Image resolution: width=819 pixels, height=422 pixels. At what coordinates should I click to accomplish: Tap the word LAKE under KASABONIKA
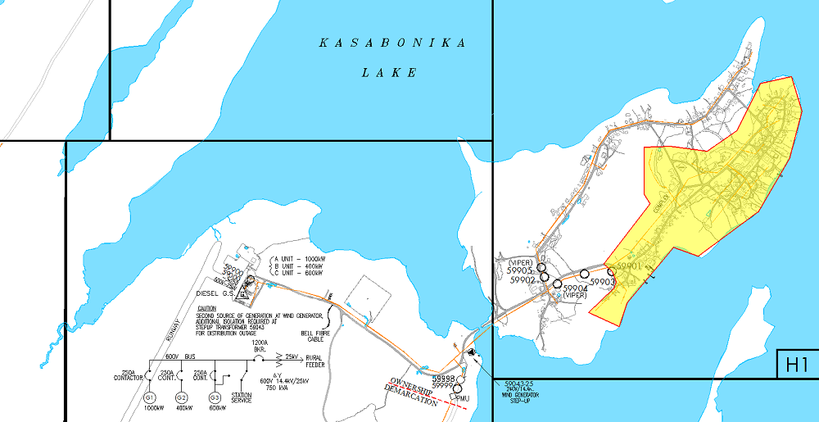point(390,73)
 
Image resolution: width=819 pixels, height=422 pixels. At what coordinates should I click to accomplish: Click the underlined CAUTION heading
point(207,308)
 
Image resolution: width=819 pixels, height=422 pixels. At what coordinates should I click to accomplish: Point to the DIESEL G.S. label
point(215,293)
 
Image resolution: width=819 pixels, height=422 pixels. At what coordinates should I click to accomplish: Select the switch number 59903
point(602,282)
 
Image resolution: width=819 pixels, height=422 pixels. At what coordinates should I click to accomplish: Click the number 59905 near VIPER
point(520,270)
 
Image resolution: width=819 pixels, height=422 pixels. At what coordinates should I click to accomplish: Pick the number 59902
point(523,280)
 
